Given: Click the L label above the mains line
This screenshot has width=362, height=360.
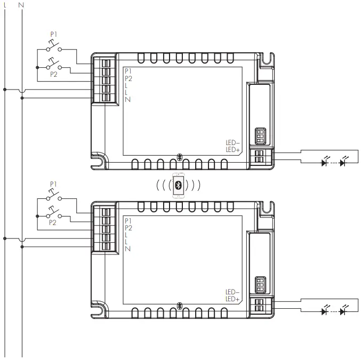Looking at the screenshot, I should point(5,5).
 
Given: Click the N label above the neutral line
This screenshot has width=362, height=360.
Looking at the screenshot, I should point(21,5).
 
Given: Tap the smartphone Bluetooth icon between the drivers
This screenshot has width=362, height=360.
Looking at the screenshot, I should point(179,186).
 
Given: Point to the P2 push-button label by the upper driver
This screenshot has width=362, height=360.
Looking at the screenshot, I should point(53,75).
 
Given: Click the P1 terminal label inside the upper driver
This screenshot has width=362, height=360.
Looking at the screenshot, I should point(128,71).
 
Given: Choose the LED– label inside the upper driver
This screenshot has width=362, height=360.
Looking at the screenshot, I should point(233,143).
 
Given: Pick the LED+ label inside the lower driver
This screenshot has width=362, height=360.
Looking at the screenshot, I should point(233,299).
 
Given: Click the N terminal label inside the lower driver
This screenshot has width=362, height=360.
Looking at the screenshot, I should point(128,249).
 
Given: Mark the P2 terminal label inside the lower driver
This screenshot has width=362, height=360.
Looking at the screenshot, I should point(128,228).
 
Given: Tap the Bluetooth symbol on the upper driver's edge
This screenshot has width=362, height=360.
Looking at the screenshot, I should point(180,158).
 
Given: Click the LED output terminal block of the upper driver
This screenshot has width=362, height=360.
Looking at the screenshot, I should point(260,157).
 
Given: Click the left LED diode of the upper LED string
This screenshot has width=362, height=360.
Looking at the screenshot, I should point(324,163).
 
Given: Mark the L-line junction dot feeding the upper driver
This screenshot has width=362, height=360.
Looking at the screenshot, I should point(5,90).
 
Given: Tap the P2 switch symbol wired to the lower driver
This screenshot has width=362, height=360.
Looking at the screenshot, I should point(53,215).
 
